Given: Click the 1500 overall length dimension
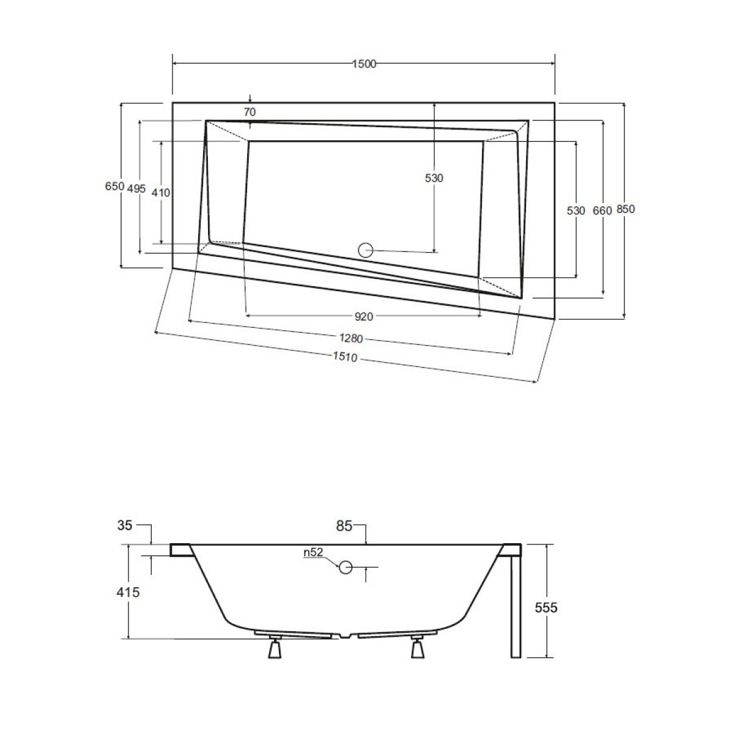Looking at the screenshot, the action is point(364,64).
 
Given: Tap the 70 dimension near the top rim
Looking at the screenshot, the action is point(250,112).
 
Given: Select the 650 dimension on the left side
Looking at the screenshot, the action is point(114,186).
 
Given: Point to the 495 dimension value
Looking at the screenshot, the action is point(136,188).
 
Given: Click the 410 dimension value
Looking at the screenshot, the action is point(161,193).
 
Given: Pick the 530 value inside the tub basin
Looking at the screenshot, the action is point(434,178).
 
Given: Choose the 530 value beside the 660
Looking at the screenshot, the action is point(576,210).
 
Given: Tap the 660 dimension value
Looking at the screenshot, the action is point(602,210).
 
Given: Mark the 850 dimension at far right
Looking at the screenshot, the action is point(626,209).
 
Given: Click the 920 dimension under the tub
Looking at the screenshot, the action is point(364,316).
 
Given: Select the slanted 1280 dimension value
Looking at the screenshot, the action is point(351,338).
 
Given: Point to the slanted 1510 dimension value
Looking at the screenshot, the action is point(345,357).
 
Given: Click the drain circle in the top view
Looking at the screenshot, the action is point(366,250).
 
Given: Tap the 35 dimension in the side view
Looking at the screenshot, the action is point(125,525).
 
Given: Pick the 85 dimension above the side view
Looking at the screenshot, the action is point(344,525).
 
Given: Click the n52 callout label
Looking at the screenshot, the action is point(313,552).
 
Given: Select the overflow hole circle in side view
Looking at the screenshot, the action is point(346,567).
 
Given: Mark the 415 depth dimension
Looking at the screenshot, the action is point(128,592).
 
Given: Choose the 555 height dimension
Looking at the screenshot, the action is point(546,607).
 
